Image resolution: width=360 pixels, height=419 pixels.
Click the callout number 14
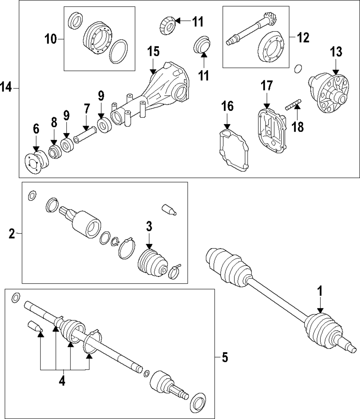point(7,87)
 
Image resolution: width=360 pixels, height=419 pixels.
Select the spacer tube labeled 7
point(85,137)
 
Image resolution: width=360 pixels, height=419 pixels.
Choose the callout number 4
point(62,380)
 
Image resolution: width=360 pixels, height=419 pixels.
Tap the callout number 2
point(12,234)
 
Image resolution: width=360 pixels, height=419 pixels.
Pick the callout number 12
point(302,36)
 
